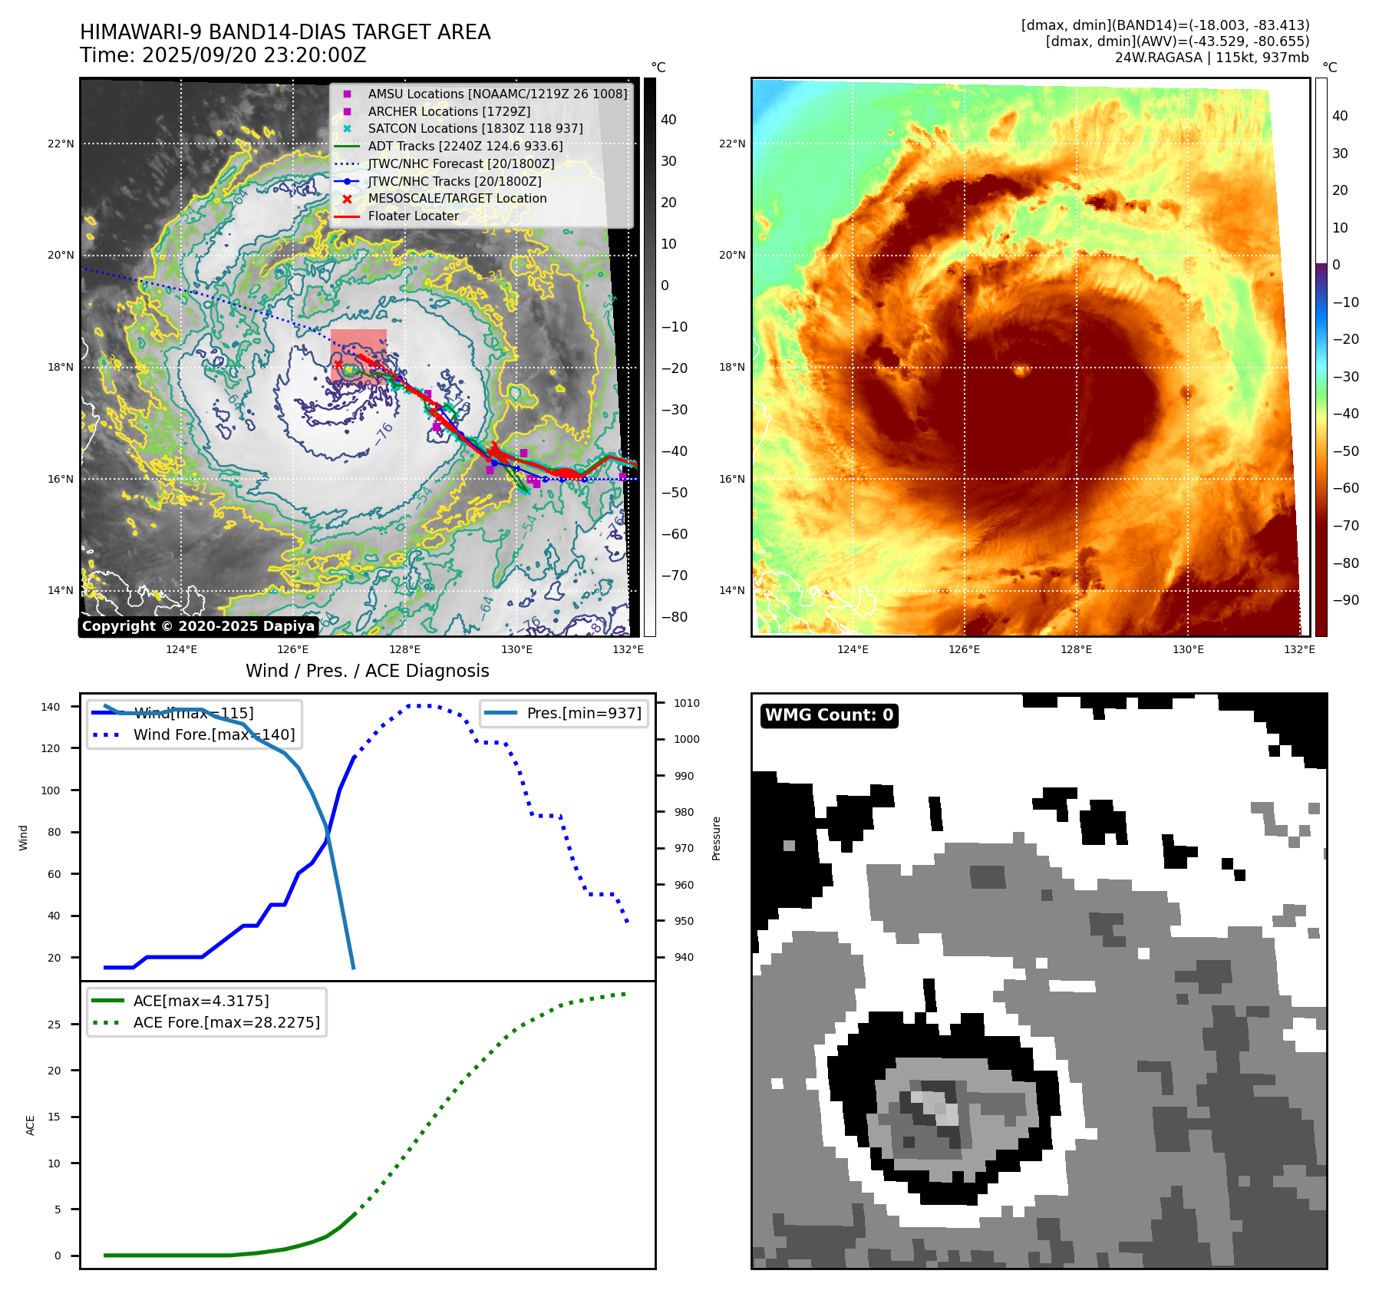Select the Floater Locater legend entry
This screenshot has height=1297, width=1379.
point(413,216)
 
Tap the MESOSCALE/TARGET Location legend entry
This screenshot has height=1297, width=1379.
point(457,198)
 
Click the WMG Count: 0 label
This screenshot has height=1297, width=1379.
point(829,715)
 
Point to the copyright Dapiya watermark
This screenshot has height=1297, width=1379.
point(198,626)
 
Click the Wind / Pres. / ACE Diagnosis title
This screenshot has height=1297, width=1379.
point(367,671)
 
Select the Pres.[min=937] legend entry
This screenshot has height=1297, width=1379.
point(583,713)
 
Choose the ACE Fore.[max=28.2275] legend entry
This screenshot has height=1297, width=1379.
point(226,1022)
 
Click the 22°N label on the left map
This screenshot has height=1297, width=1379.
point(61,144)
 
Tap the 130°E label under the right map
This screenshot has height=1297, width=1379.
point(1187,649)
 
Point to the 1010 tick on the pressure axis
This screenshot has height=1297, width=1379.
point(687,703)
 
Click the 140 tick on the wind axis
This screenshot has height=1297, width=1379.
point(51,707)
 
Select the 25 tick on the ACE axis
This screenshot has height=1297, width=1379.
point(54,1025)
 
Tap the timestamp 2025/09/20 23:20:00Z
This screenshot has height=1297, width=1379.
point(253,55)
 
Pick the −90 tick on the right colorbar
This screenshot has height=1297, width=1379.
point(1345,600)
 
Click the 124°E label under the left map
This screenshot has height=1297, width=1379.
point(181,649)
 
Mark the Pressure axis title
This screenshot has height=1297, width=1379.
point(716,838)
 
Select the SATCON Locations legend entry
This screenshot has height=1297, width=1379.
point(474,128)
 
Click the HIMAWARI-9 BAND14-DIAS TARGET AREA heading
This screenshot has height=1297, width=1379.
point(285,32)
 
